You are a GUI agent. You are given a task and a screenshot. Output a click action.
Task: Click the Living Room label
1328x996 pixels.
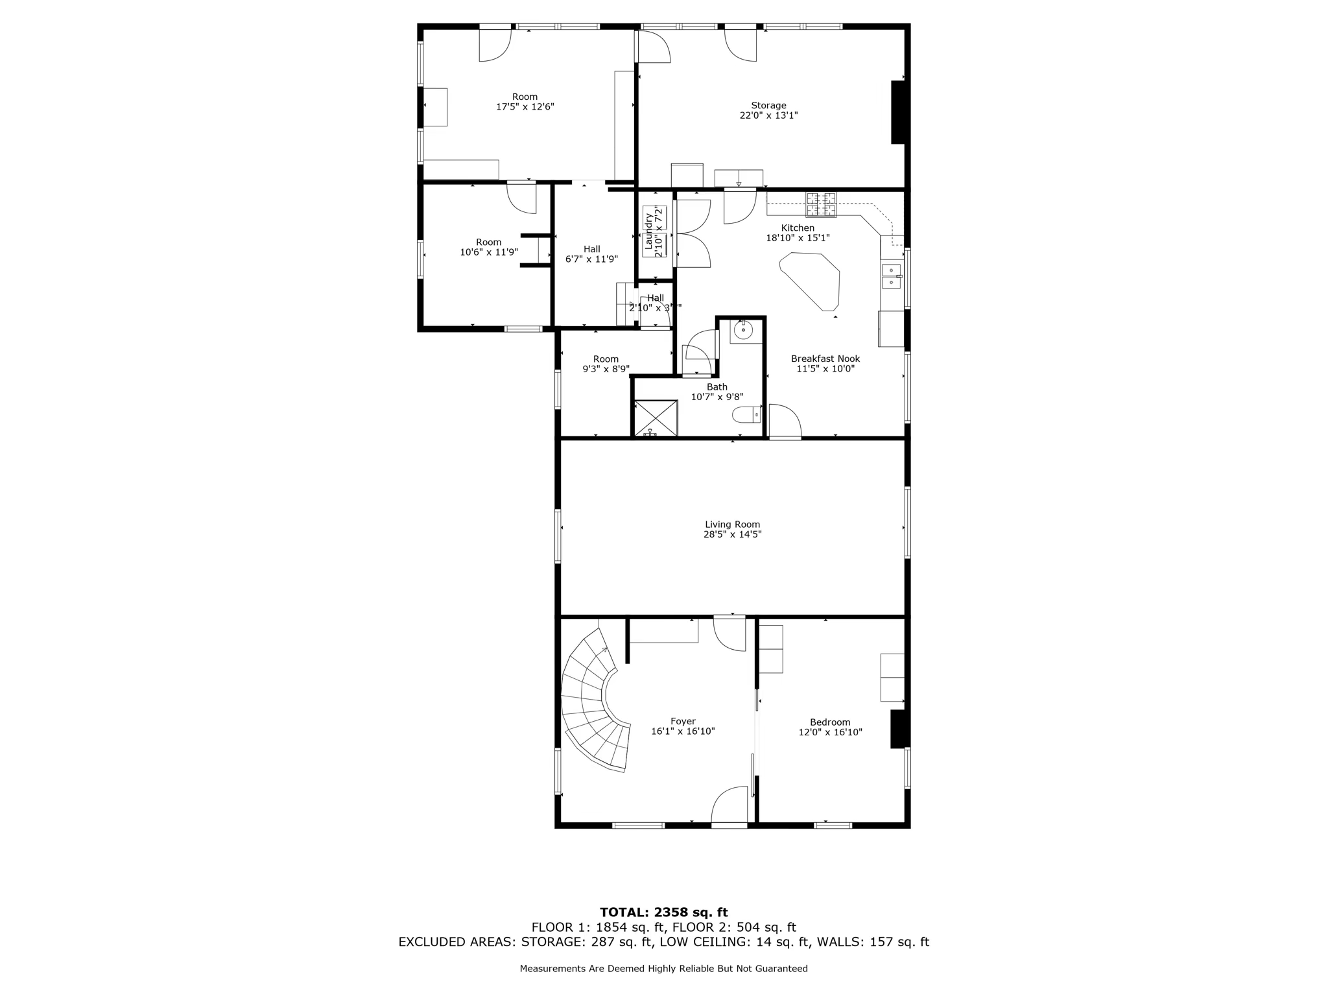(x=732, y=525)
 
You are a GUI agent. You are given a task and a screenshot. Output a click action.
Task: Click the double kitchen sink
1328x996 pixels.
(x=892, y=276)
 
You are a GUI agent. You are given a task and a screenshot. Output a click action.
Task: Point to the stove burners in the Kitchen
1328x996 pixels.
(x=821, y=205)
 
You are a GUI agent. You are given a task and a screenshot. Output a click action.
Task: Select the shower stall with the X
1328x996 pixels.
(x=656, y=418)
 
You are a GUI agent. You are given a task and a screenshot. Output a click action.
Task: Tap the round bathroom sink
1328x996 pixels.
(x=742, y=330)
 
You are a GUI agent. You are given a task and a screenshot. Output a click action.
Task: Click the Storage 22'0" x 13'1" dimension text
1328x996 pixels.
(x=768, y=115)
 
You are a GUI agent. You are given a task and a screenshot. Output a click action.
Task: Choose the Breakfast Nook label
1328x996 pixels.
(x=825, y=359)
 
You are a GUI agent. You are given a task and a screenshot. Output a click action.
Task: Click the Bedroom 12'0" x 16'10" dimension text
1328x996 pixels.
(x=830, y=732)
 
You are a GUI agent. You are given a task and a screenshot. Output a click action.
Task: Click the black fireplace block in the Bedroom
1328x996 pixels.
(x=897, y=729)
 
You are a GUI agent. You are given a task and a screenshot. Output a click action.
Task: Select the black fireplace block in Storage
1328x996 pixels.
(x=898, y=112)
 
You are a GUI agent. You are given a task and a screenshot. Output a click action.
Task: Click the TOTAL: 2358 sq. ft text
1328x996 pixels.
(x=663, y=912)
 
